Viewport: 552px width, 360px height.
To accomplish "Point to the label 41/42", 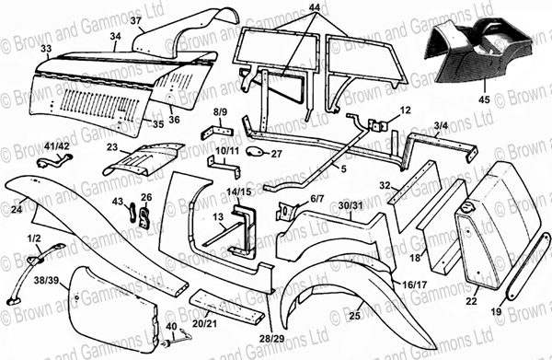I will point(56,145).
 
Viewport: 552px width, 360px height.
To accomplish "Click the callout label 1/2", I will point(34,238).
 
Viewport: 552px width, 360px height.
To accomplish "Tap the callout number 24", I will point(16,210).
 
